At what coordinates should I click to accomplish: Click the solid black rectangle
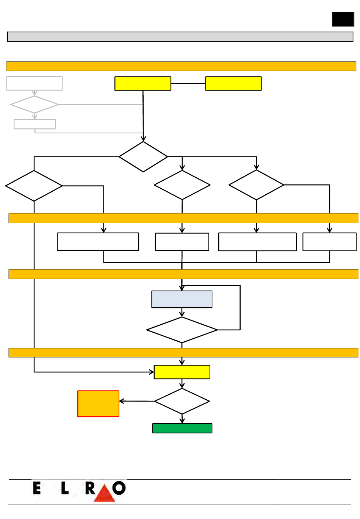pyautogui.click(x=343, y=19)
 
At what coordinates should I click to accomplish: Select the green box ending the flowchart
pyautogui.click(x=182, y=428)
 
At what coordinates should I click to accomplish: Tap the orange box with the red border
pyautogui.click(x=98, y=403)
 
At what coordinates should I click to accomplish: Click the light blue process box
pyautogui.click(x=182, y=299)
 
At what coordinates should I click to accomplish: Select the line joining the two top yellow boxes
pyautogui.click(x=188, y=83)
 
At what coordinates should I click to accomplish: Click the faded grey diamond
pyautogui.click(x=34, y=105)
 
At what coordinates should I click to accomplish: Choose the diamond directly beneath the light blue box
pyautogui.click(x=182, y=330)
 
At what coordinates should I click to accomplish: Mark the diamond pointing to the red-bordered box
pyautogui.click(x=182, y=401)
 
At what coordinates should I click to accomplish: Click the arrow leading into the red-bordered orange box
pyautogui.click(x=137, y=401)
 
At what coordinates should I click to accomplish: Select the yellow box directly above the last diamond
pyautogui.click(x=182, y=372)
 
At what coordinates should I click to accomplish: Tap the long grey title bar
pyautogui.click(x=180, y=37)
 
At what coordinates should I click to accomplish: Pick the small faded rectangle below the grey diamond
pyautogui.click(x=35, y=124)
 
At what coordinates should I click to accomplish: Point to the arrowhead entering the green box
pyautogui.click(x=182, y=421)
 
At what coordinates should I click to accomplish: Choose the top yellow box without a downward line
pyautogui.click(x=233, y=83)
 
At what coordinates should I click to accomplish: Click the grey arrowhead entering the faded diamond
pyautogui.click(x=34, y=93)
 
